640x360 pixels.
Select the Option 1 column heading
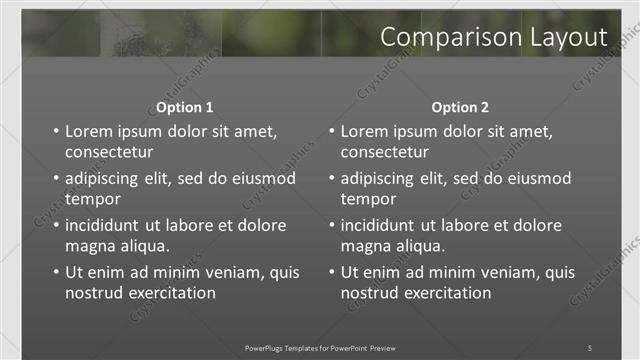click(185, 107)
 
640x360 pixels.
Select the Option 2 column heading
click(460, 107)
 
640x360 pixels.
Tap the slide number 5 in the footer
click(590, 347)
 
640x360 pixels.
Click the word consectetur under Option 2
click(384, 153)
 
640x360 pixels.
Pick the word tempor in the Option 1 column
click(91, 199)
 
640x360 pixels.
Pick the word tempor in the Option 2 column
click(367, 199)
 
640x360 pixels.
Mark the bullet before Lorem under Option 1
click(55, 132)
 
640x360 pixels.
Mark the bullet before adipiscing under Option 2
click(331, 179)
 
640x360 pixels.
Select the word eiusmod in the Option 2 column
click(535, 179)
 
